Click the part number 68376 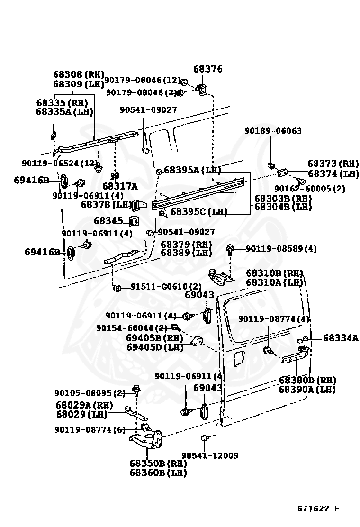[x=208, y=69]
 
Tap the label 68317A [x=120, y=186]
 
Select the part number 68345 [x=108, y=221]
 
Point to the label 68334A [x=341, y=338]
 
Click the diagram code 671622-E [x=318, y=509]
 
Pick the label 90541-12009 [x=210, y=455]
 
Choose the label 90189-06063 [x=273, y=131]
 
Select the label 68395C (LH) [x=199, y=212]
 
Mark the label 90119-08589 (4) [x=281, y=248]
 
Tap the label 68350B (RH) [x=158, y=464]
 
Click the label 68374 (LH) [x=333, y=174]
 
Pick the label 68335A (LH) [x=64, y=112]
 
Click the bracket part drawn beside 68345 [x=134, y=221]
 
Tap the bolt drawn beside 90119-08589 [x=231, y=249]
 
